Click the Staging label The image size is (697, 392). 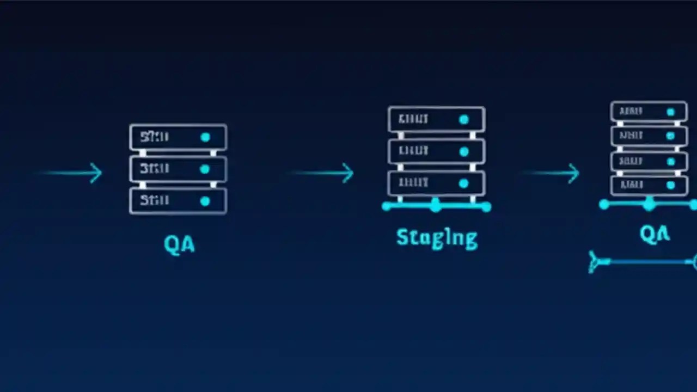[x=437, y=238]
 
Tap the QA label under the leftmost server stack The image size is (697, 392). [x=179, y=244]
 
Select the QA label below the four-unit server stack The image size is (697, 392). [x=655, y=234]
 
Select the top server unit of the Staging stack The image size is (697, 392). [x=436, y=119]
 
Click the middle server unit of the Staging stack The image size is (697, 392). [x=436, y=151]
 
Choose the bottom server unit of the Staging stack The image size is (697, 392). [x=436, y=183]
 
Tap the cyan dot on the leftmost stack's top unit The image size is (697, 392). [x=205, y=137]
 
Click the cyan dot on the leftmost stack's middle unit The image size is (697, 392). [x=205, y=169]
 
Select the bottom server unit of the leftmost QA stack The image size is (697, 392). [x=178, y=201]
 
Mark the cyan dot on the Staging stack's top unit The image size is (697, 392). [x=463, y=119]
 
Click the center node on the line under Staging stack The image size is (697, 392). [x=435, y=206]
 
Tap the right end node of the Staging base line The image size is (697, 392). [x=486, y=206]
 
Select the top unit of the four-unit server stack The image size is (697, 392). [x=649, y=112]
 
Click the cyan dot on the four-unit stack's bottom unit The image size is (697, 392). [x=670, y=186]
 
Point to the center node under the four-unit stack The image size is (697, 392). [x=649, y=205]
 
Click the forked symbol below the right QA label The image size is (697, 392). [x=598, y=262]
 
